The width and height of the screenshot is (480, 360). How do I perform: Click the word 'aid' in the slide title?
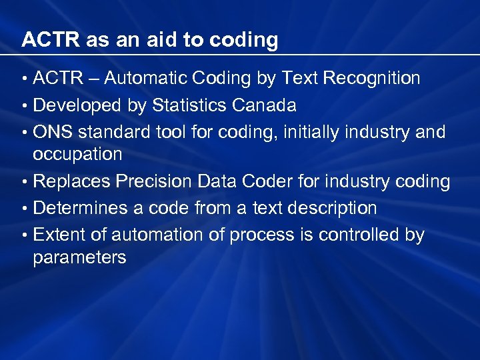tap(163, 40)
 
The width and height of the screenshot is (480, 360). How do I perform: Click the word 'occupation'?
tap(77, 155)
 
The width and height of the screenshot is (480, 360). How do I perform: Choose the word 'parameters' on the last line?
tap(79, 258)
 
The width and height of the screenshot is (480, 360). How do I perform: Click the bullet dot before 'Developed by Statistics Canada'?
tap(24, 106)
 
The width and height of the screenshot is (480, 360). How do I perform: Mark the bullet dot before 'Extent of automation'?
tap(24, 235)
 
